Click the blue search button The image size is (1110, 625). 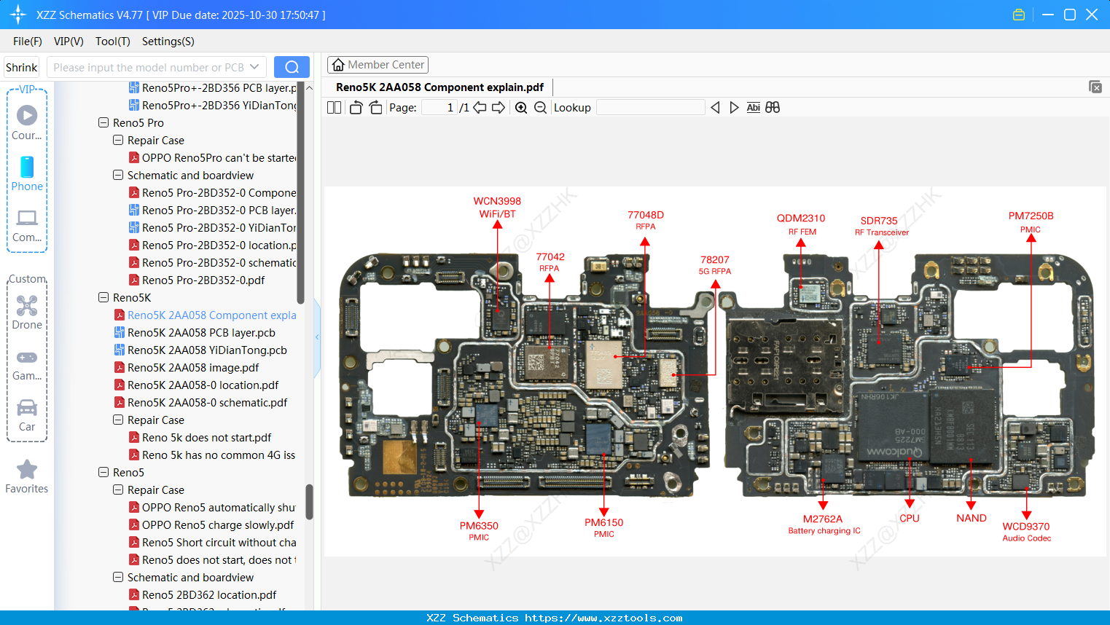(292, 67)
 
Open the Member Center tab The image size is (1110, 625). (378, 65)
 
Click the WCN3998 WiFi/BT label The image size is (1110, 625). (497, 208)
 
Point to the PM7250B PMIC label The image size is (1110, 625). (1031, 221)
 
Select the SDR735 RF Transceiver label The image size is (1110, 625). (880, 226)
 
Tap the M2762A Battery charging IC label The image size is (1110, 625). (824, 524)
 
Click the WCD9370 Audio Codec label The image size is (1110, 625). (1026, 532)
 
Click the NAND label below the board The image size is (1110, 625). (972, 518)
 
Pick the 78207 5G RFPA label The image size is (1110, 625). (715, 264)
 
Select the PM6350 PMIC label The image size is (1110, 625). (479, 530)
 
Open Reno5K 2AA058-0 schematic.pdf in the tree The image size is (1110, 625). (207, 403)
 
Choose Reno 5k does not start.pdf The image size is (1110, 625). (206, 438)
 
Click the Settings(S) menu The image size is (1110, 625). (168, 42)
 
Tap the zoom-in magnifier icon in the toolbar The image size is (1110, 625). (521, 108)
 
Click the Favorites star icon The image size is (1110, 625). (27, 470)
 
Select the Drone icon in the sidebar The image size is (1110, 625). (27, 307)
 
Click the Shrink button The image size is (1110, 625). (21, 68)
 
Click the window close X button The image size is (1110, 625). (1092, 15)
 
